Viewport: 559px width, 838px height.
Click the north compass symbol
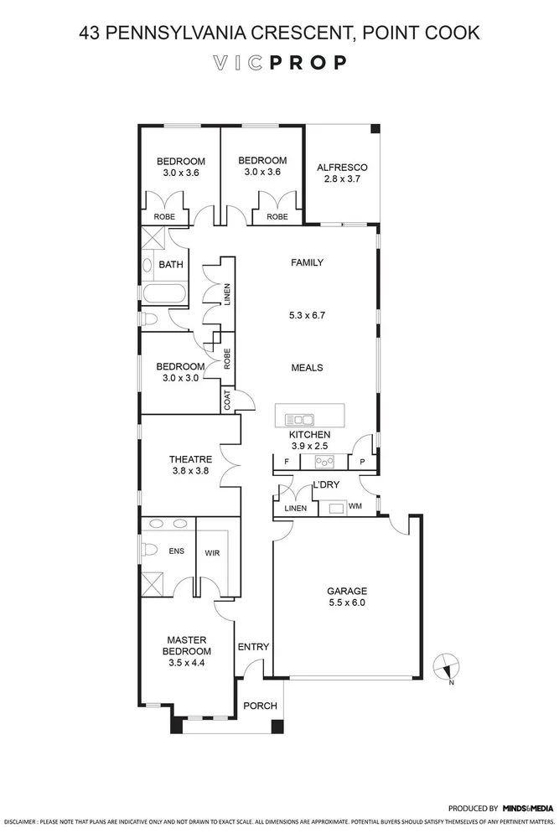coord(447,667)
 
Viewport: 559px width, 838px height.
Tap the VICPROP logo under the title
coord(279,63)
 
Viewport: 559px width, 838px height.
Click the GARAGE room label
coord(347,590)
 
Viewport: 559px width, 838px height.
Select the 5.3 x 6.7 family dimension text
coord(306,317)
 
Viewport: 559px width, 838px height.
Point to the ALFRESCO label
coord(342,167)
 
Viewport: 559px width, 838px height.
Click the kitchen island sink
coord(299,419)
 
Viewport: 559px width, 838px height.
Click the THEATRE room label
coord(190,459)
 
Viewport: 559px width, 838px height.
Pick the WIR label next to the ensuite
coord(212,552)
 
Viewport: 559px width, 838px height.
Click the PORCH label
coord(260,706)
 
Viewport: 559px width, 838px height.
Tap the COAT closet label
coord(226,401)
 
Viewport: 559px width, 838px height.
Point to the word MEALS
coord(307,368)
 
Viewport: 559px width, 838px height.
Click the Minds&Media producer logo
coord(527,809)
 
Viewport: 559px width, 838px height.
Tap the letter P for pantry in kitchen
coord(362,462)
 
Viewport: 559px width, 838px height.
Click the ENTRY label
coord(253,647)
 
